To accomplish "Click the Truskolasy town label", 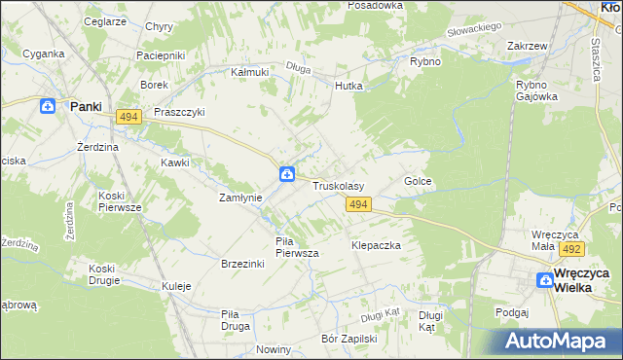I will [338, 185].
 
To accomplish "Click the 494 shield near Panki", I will [128, 117].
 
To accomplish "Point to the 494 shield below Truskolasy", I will [358, 203].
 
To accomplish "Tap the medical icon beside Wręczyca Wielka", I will [545, 280].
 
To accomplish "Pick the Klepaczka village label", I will [377, 246].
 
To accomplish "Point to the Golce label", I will [418, 182].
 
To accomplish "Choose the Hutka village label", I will [348, 86].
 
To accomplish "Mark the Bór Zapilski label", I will [348, 340].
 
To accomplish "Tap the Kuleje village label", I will [176, 286].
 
